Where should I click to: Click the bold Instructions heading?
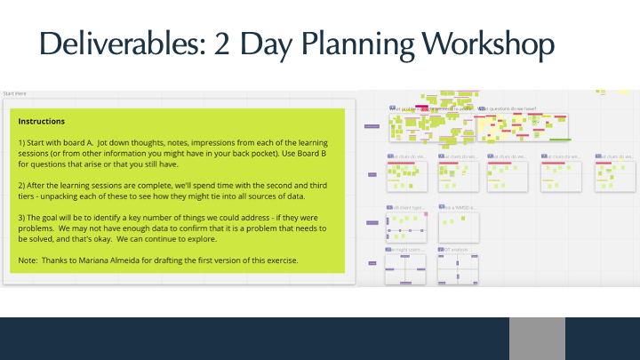[x=41, y=121]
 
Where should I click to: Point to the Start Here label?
[x=14, y=92]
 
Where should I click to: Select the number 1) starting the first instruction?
[x=22, y=142]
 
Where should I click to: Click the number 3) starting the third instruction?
[x=22, y=217]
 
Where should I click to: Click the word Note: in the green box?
[x=28, y=260]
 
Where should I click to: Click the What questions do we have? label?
[x=508, y=109]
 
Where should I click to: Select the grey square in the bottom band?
[x=537, y=339]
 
